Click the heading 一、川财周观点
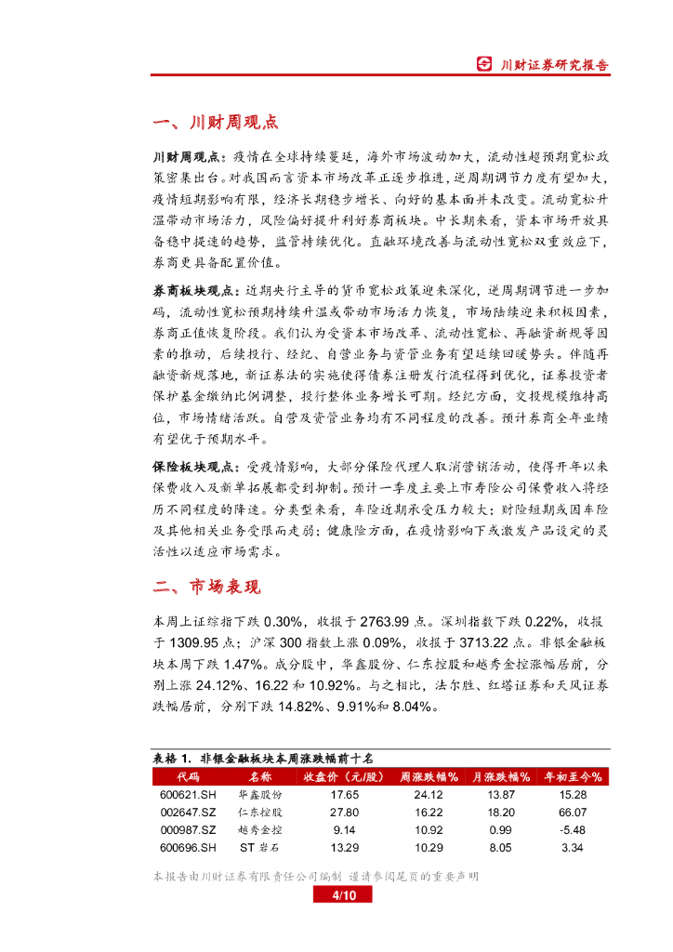pos(214,124)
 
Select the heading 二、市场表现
pos(206,587)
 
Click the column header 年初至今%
pos(572,776)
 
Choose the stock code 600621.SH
pos(188,795)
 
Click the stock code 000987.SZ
pos(188,829)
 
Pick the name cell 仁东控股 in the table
pos(259,813)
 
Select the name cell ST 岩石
pos(259,847)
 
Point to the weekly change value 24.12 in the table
pos(429,795)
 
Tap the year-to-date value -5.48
pos(572,829)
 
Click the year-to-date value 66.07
pos(572,813)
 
